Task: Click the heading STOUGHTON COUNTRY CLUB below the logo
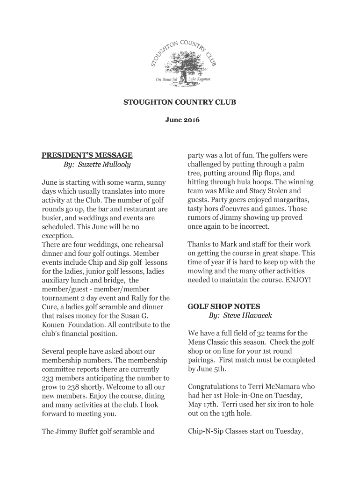[180, 102]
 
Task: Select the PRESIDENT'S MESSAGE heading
[87, 155]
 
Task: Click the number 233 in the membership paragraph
[49, 378]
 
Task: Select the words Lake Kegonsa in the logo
[200, 79]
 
